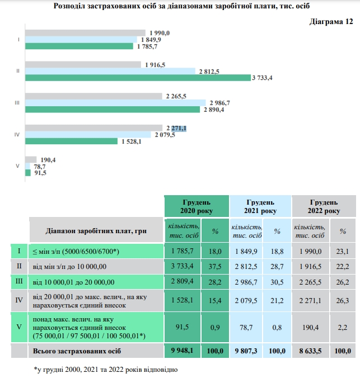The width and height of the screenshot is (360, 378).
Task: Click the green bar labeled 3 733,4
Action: tap(137, 78)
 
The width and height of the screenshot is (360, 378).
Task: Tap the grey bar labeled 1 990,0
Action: tap(85, 33)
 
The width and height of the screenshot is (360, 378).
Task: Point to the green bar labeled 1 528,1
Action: tap(71, 141)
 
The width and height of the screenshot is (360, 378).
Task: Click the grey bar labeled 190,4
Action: tap(31, 160)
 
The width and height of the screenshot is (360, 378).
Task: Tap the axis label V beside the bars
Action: tap(18, 167)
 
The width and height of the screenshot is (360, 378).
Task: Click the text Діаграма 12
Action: tap(331, 22)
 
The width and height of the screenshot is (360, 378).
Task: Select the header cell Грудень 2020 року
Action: tap(196, 206)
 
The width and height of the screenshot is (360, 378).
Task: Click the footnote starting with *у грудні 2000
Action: tap(106, 369)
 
